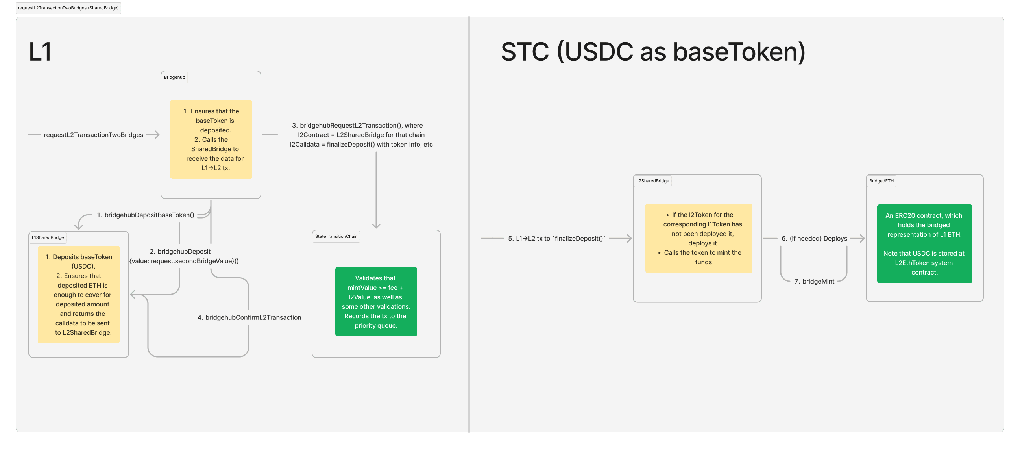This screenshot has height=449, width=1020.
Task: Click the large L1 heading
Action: (x=40, y=52)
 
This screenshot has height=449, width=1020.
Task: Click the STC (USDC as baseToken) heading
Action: (x=652, y=52)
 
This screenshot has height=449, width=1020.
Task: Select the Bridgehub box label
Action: (x=174, y=77)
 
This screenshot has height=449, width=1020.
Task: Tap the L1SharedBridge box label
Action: (x=48, y=237)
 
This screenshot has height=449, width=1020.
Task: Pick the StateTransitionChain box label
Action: (x=336, y=236)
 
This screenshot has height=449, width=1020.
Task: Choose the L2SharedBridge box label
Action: (x=652, y=181)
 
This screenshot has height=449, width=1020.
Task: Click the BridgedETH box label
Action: (x=881, y=181)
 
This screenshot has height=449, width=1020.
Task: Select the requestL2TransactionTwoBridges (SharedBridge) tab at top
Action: (x=68, y=8)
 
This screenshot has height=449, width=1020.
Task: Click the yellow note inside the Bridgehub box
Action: (x=211, y=139)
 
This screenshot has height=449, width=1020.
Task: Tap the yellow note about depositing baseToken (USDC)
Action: (x=78, y=295)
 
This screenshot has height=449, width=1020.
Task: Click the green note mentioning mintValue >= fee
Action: (x=375, y=302)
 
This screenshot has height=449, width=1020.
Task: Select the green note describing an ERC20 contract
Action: (x=924, y=244)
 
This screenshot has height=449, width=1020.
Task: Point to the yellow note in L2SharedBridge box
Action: (x=698, y=238)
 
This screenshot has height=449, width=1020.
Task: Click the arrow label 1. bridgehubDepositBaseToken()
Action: (x=145, y=215)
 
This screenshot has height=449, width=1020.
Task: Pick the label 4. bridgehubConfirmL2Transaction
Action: (x=249, y=317)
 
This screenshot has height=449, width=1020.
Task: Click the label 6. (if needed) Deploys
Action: (x=814, y=239)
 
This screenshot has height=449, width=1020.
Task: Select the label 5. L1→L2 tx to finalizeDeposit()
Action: (x=556, y=239)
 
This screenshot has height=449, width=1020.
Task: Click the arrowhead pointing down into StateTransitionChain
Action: (x=376, y=226)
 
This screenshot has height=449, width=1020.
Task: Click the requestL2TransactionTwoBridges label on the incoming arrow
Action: (x=93, y=135)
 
